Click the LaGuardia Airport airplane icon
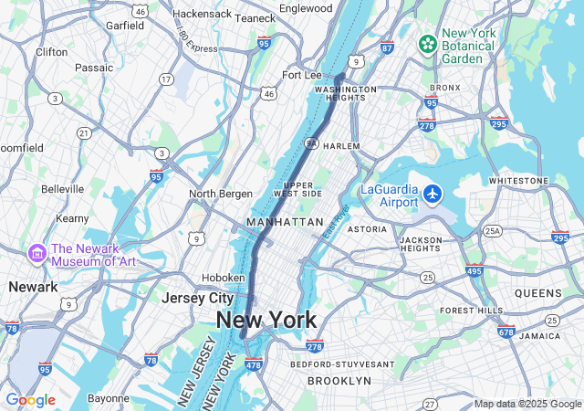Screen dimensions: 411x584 (433, 194)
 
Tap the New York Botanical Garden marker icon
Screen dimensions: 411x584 (427, 44)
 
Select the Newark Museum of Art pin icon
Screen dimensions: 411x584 (37, 252)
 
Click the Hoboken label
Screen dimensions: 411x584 (223, 278)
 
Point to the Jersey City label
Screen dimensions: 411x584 (198, 298)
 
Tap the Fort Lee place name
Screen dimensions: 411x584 (303, 75)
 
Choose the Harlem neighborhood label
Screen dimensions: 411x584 (342, 146)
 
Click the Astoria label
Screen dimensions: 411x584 (367, 229)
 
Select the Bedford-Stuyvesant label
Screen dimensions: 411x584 (342, 364)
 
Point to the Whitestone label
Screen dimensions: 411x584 (519, 181)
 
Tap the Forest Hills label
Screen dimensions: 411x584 (471, 311)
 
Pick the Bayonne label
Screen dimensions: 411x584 (108, 398)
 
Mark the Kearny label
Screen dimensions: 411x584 (72, 218)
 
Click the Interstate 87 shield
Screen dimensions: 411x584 (387, 47)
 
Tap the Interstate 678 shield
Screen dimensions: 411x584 (506, 332)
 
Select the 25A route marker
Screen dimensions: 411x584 (493, 231)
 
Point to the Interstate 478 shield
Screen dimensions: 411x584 (254, 364)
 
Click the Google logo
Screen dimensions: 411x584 (30, 400)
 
